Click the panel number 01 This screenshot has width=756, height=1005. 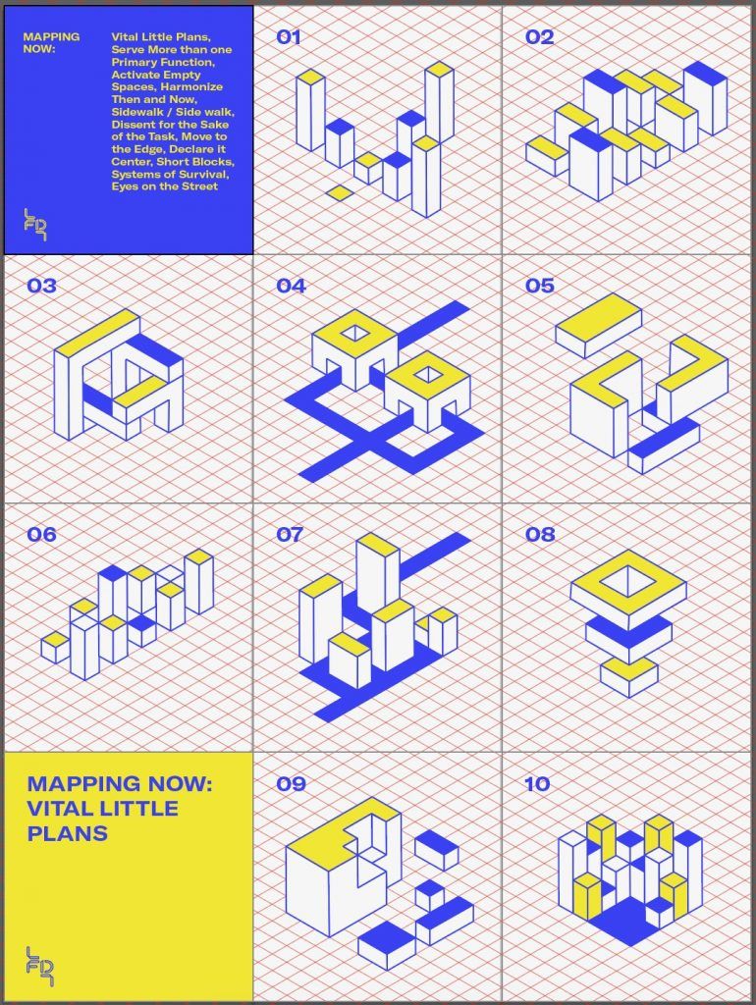[288, 37]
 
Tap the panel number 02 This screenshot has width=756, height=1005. [539, 37]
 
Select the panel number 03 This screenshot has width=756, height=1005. [41, 286]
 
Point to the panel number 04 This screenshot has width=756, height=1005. [291, 286]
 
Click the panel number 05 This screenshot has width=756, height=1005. [539, 286]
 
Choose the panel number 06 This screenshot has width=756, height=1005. [41, 535]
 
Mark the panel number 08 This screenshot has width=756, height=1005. [539, 535]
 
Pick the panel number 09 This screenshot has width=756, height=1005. [291, 783]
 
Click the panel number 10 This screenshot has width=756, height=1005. [537, 783]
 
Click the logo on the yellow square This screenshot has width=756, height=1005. [39, 966]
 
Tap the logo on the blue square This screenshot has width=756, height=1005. [36, 225]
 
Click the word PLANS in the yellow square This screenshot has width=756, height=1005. [67, 833]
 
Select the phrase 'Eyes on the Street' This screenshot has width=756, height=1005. [164, 186]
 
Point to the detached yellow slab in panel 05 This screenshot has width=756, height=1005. [598, 325]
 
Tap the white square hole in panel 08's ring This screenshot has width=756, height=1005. [628, 583]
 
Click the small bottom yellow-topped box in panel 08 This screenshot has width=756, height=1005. [629, 677]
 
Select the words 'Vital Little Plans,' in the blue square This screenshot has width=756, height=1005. [161, 37]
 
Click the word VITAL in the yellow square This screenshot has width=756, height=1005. [60, 809]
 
